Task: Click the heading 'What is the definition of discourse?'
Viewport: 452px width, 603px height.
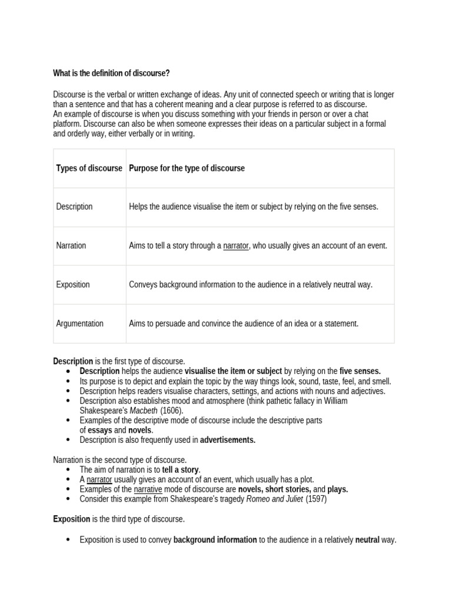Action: coord(111,73)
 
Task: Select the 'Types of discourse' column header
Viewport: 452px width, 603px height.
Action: coord(89,168)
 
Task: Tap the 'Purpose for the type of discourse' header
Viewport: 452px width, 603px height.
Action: coord(187,168)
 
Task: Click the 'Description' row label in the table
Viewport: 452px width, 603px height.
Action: coord(74,207)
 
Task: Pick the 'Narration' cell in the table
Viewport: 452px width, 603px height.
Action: coord(71,246)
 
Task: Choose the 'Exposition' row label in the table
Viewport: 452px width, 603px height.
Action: coord(73,284)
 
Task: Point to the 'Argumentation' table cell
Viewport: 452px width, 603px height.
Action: coord(79,323)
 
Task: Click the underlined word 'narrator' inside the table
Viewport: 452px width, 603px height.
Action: coord(236,246)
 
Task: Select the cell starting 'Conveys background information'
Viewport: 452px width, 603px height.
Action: coord(251,284)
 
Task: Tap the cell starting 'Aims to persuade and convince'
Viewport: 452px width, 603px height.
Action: coord(244,323)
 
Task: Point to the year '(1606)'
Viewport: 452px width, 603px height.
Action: coord(172,410)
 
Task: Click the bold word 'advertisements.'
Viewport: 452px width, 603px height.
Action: coord(228,440)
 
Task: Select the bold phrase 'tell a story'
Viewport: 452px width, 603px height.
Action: coord(181,470)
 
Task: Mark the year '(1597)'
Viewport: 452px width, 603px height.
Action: coord(316,499)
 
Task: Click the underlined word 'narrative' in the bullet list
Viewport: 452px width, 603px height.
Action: coord(147,489)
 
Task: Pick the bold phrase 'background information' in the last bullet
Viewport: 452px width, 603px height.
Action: coord(215,539)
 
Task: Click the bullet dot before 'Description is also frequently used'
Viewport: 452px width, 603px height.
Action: coord(68,440)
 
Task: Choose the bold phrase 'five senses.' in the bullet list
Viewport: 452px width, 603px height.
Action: coord(360,371)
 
